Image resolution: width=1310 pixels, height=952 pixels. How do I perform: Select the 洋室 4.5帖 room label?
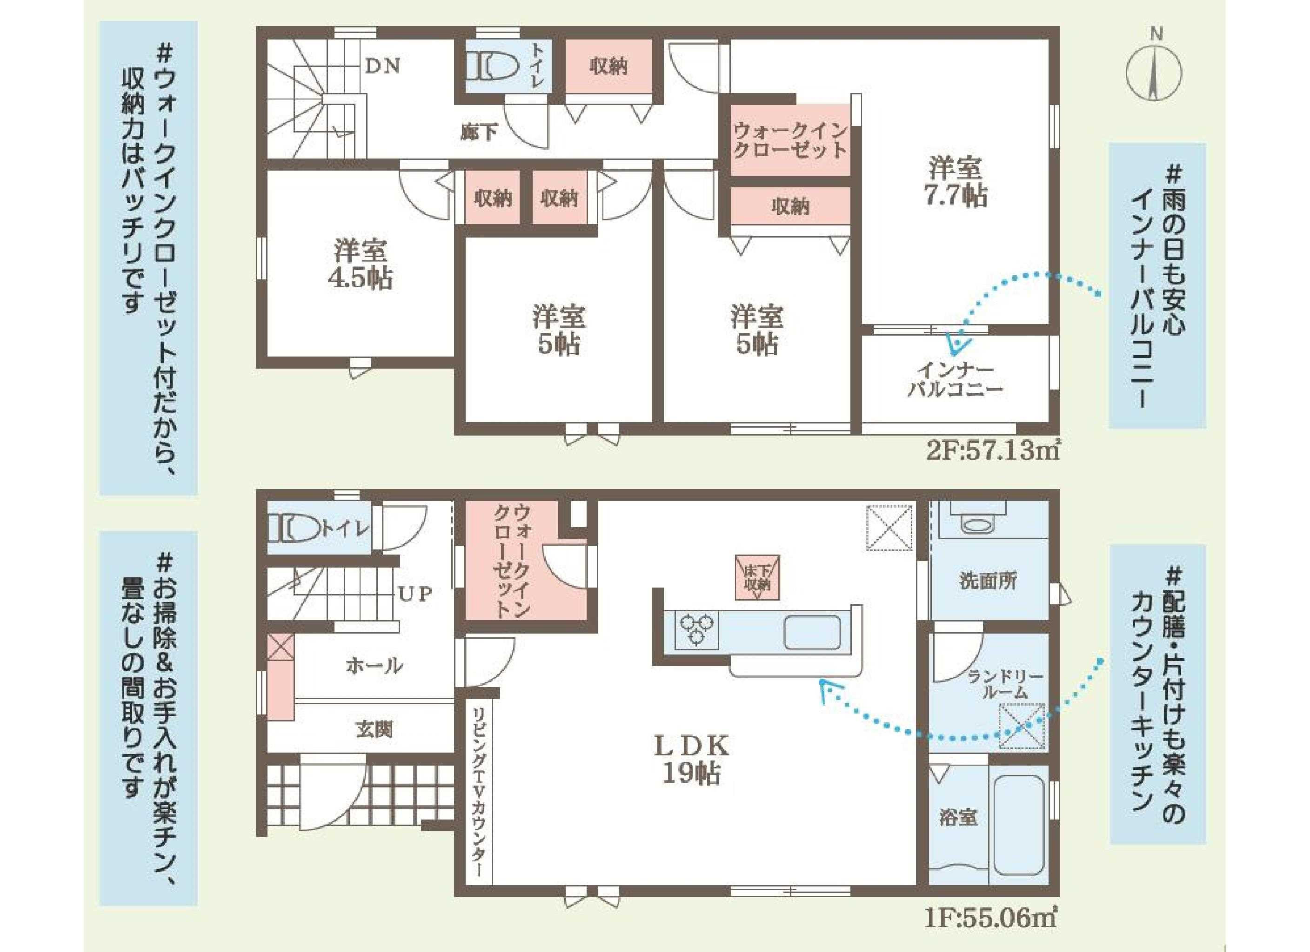[x=360, y=264]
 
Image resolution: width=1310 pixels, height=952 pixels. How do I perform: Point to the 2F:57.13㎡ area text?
[x=992, y=451]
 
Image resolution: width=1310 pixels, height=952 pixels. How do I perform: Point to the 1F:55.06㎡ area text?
[x=990, y=918]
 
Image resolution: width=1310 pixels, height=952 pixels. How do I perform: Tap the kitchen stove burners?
[x=696, y=628]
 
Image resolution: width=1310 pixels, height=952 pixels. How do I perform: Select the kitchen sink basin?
[x=811, y=632]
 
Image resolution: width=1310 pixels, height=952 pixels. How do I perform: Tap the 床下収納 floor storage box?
[x=757, y=577]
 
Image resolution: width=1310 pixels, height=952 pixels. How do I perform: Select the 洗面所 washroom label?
[x=988, y=580]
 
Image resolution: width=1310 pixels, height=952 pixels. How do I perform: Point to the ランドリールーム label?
[x=1004, y=684]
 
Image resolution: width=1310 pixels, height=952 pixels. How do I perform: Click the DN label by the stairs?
[x=382, y=66]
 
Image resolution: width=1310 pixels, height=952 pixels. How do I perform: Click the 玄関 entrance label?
[x=374, y=730]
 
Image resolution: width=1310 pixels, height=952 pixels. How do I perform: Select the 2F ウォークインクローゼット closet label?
[x=789, y=140]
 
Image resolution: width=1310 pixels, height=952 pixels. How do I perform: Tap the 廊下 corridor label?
[x=479, y=133]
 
